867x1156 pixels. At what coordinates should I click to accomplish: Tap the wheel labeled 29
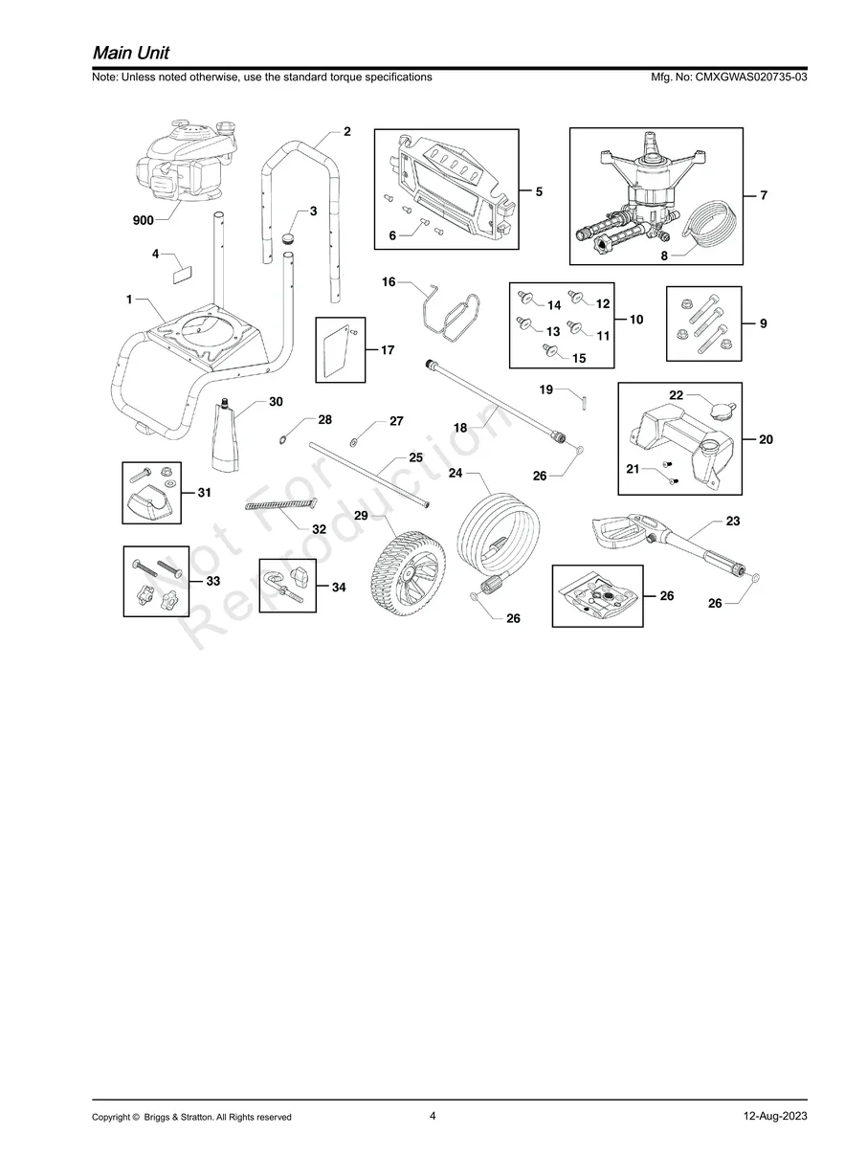pyautogui.click(x=407, y=568)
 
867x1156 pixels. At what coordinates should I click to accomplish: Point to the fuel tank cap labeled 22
pyautogui.click(x=722, y=410)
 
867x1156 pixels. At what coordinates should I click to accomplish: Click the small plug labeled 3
pyautogui.click(x=288, y=239)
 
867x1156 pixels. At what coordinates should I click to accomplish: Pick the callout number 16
pyautogui.click(x=389, y=282)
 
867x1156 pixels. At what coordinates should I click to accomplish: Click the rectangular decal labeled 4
pyautogui.click(x=183, y=275)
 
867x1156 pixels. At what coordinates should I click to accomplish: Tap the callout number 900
pyautogui.click(x=144, y=221)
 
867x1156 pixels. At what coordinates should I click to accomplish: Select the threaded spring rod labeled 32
pyautogui.click(x=281, y=504)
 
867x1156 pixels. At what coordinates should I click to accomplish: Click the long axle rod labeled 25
pyautogui.click(x=369, y=475)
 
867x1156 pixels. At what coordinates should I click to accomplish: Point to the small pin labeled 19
pyautogui.click(x=584, y=402)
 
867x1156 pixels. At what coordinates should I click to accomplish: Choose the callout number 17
pyautogui.click(x=388, y=350)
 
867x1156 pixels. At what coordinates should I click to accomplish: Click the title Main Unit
pyautogui.click(x=131, y=54)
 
